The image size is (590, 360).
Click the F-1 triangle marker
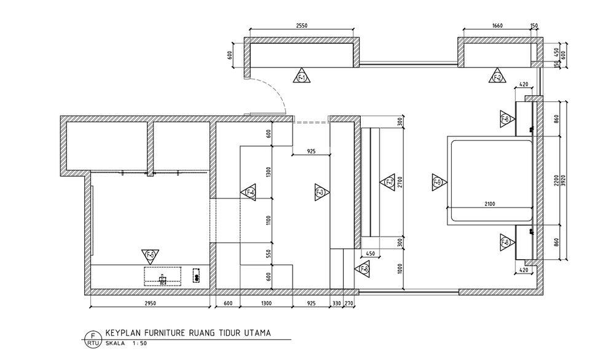coord(302,76)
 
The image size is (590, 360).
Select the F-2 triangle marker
coord(497,76)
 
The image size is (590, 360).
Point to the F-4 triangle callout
coord(249,192)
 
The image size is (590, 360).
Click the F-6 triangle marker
coord(363,268)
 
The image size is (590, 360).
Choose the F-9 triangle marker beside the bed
coord(438,181)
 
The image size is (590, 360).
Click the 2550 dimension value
coord(301,26)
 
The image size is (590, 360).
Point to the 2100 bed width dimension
coord(490,203)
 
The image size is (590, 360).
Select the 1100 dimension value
coord(268,220)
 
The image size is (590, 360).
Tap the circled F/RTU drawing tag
coord(93,338)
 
